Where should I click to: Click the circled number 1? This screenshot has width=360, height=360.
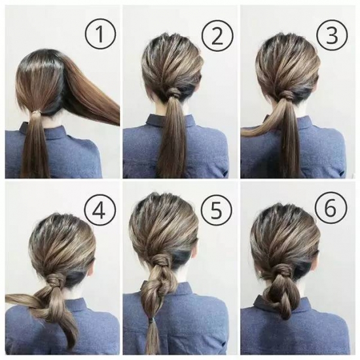coord(101,34)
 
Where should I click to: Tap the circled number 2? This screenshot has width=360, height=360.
coord(218,35)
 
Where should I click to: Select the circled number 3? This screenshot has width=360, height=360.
coord(332,35)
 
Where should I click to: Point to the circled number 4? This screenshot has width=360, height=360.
coord(100,210)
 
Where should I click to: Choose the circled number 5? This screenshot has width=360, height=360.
coord(217,210)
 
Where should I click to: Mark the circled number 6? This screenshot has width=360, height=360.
coord(331,208)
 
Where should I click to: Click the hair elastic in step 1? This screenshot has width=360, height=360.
coord(36,113)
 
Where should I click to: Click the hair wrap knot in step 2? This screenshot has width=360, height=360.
coord(175,92)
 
